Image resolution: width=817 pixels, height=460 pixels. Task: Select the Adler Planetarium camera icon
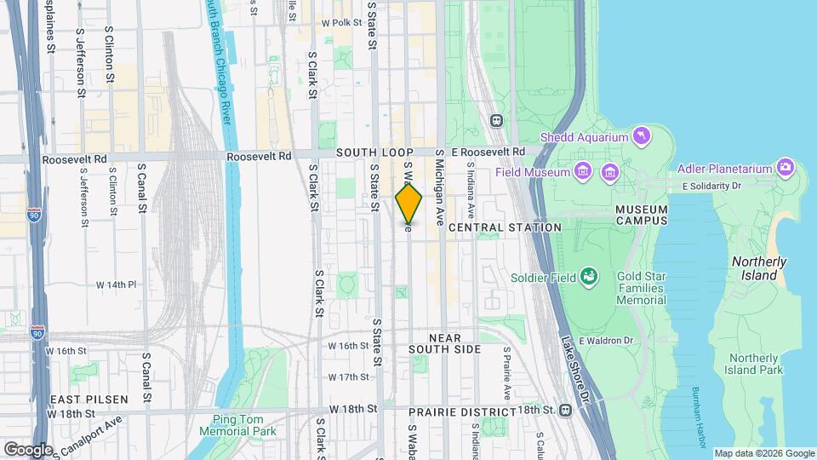click(x=785, y=167)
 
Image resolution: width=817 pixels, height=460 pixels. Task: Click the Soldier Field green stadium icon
click(x=588, y=276)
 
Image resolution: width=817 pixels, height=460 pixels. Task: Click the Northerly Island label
click(x=755, y=268)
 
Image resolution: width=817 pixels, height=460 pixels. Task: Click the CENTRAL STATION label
click(x=505, y=227)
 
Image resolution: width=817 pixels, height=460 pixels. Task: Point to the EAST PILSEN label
click(x=89, y=399)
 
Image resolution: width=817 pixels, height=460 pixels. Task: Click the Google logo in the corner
click(x=28, y=449)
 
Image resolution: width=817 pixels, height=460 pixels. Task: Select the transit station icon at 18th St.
click(x=567, y=409)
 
